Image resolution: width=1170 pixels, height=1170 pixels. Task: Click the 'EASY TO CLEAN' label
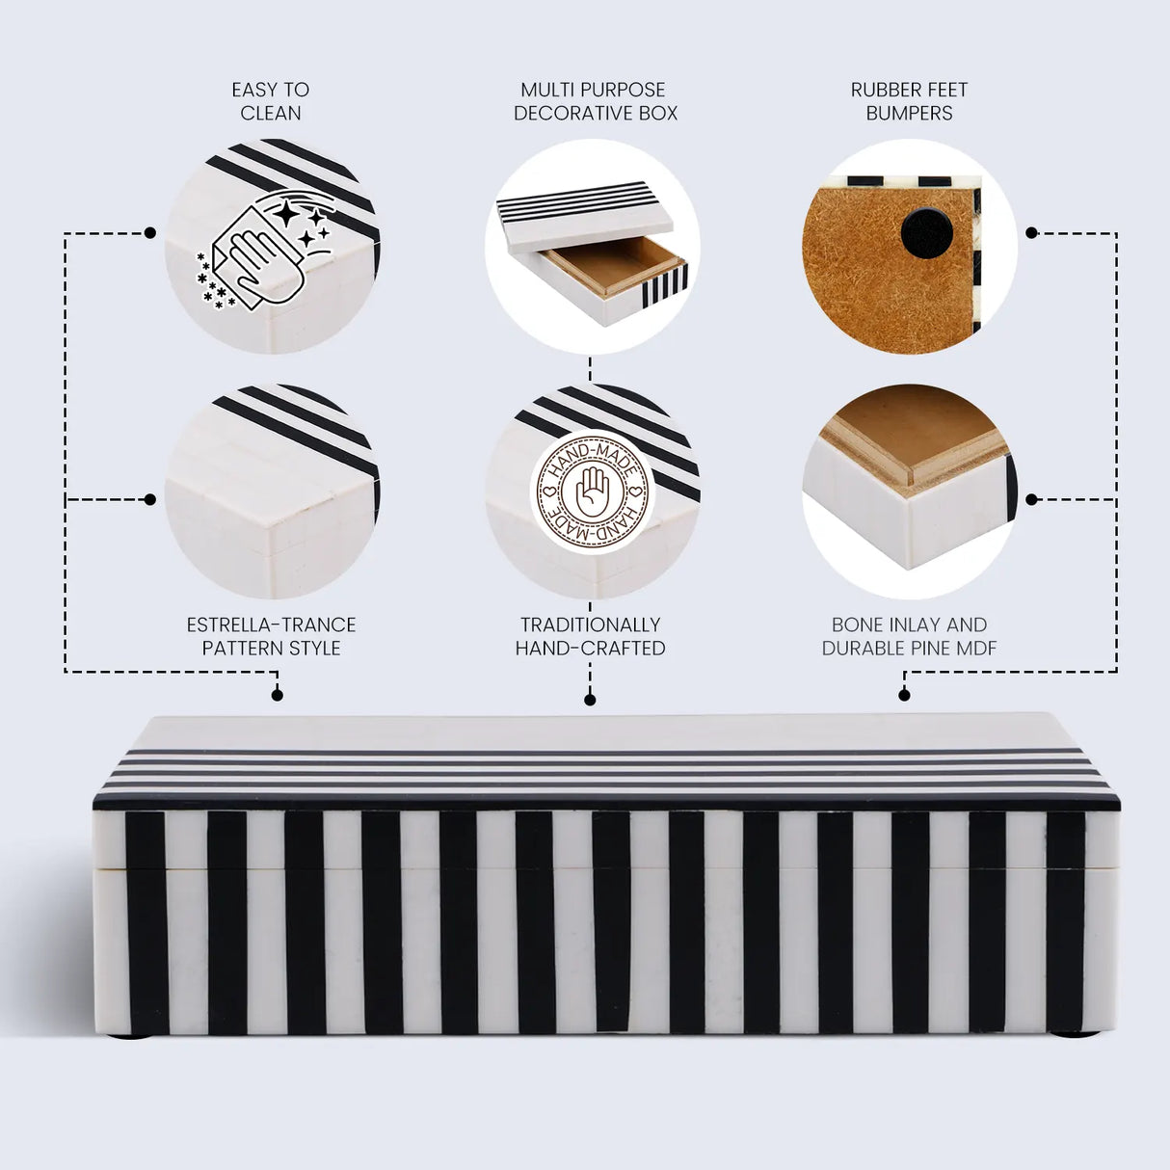point(270,101)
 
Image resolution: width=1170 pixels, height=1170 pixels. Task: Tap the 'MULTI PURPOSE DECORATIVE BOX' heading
point(595,101)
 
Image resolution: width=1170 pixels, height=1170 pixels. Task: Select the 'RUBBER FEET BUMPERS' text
point(909,101)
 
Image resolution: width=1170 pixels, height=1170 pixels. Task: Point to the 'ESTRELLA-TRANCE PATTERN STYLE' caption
point(271,636)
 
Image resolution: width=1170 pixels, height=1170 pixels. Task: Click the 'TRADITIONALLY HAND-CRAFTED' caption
point(590,636)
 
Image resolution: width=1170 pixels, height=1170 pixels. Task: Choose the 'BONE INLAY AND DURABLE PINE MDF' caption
point(909,636)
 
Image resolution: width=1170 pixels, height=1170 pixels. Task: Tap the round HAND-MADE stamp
point(592,492)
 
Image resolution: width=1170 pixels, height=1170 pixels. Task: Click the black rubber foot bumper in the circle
point(926,233)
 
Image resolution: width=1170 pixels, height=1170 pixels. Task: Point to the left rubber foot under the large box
point(129,1035)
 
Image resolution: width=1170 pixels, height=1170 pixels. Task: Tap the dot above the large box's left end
point(278,695)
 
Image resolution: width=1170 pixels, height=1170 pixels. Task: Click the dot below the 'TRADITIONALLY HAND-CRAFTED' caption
point(590,700)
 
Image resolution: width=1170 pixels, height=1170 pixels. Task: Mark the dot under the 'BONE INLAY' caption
point(904,695)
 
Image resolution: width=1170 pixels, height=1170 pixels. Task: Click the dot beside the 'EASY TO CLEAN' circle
point(149,233)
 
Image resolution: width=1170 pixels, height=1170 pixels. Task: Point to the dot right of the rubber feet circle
point(1031,233)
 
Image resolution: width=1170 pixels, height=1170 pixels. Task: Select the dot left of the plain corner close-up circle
point(149,499)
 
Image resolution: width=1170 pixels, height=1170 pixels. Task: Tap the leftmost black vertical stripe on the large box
point(146,922)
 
